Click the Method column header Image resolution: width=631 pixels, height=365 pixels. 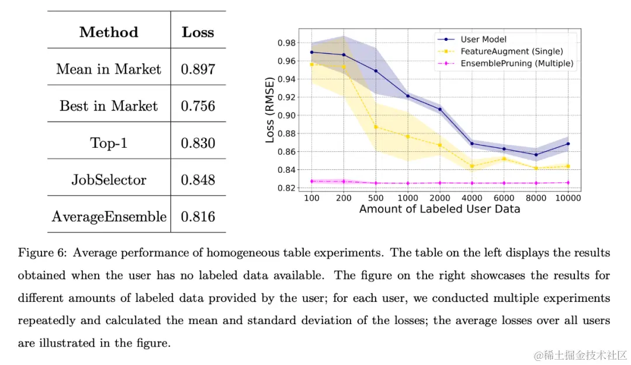(109, 32)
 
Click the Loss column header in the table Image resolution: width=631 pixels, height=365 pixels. (198, 32)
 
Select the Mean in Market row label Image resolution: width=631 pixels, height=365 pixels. (109, 69)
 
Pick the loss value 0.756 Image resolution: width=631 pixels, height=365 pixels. (198, 106)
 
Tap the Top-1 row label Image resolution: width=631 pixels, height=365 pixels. (109, 142)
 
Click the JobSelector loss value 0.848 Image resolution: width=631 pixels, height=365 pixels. (198, 180)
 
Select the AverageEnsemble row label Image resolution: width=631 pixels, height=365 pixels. (109, 217)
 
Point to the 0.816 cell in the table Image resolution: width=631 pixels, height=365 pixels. (198, 217)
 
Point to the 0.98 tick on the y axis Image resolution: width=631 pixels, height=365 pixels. (287, 43)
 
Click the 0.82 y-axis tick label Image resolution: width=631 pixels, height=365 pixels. (287, 188)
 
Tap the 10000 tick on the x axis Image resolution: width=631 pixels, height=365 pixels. (568, 198)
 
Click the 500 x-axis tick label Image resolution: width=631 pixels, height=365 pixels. (376, 198)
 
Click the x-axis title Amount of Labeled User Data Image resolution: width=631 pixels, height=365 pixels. (439, 209)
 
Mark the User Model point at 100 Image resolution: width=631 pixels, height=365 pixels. (311, 52)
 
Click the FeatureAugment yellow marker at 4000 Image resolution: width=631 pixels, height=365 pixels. (471, 166)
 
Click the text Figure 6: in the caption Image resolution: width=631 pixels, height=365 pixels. (41, 253)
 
